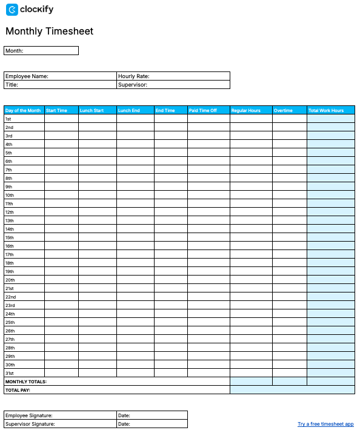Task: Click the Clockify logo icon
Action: coord(12,10)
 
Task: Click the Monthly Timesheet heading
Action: coord(50,31)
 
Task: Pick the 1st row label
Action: coord(8,119)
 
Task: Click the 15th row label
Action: coord(10,238)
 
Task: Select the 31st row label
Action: coord(10,374)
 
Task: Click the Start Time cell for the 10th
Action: coord(61,196)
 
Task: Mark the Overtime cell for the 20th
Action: coord(290,280)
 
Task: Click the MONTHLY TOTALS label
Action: coord(26,382)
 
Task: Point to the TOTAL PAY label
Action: coord(18,391)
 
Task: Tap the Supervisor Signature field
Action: coord(60,424)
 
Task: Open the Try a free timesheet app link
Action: coord(325,424)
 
